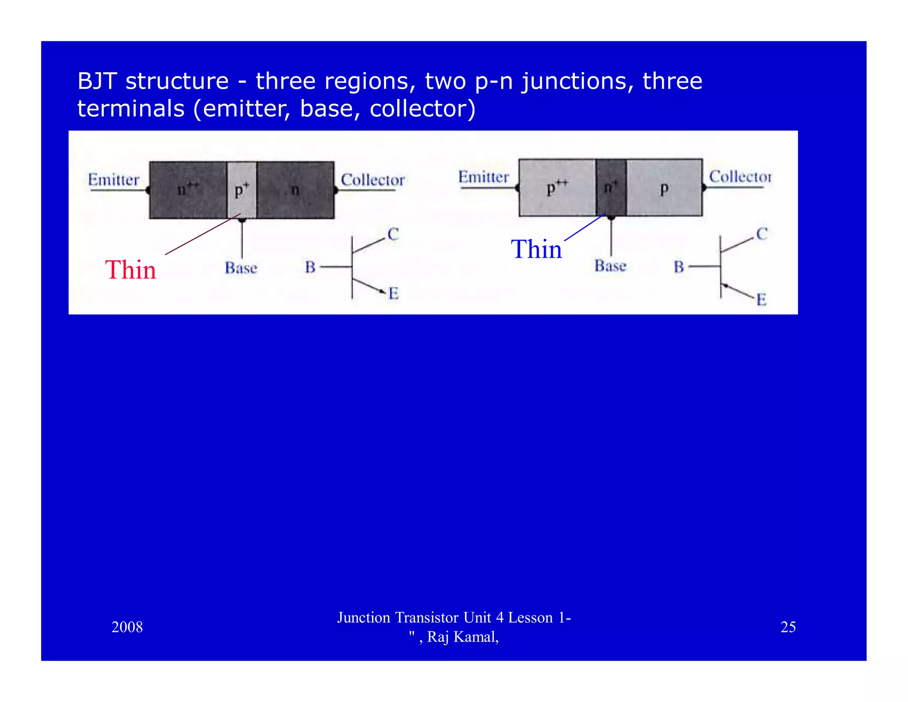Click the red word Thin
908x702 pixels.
[x=131, y=270]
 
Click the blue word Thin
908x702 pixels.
[x=536, y=249]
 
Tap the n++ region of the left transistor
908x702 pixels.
[x=188, y=190]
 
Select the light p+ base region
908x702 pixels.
[x=242, y=190]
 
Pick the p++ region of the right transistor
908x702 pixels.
[x=557, y=188]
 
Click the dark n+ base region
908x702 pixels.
[x=611, y=188]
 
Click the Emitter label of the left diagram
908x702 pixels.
[x=113, y=180]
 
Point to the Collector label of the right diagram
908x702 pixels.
[x=740, y=177]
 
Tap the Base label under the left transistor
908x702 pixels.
[x=241, y=268]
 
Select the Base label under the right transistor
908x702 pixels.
[x=611, y=266]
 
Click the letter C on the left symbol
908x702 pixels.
[x=393, y=234]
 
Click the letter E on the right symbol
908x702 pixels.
[x=761, y=300]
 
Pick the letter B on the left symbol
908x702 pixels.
[x=310, y=267]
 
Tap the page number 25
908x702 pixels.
[x=788, y=627]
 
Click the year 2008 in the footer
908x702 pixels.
[x=127, y=627]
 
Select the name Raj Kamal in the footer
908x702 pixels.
[x=462, y=637]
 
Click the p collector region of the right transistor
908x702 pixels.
[x=664, y=188]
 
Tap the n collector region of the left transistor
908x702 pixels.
[x=295, y=190]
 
